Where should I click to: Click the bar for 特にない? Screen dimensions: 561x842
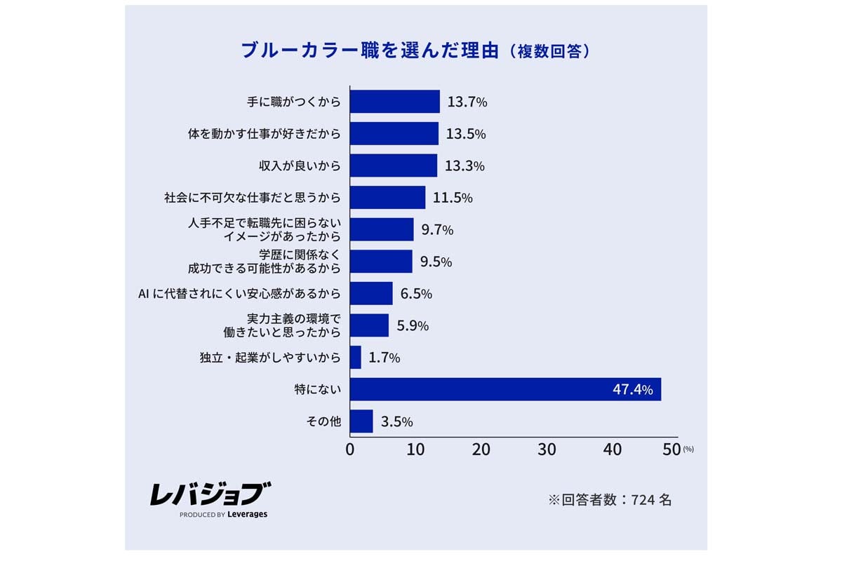tap(505, 389)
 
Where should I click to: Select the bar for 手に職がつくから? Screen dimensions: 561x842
tap(394, 102)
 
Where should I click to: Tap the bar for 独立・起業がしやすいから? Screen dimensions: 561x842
tap(355, 358)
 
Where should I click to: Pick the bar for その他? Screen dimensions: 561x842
tap(361, 421)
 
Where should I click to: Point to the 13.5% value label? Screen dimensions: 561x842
tap(467, 134)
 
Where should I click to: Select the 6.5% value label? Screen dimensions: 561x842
tap(416, 294)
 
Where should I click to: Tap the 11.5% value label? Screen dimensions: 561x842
tap(453, 198)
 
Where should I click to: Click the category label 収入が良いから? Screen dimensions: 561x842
tap(300, 166)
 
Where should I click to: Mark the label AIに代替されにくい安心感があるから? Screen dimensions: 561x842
tap(241, 294)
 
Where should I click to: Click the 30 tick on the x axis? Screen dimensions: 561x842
tap(547, 450)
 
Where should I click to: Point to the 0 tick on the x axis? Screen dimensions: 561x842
tap(350, 450)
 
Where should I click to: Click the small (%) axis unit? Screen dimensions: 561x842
tap(688, 449)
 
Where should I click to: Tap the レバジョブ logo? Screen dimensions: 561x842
tap(209, 494)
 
